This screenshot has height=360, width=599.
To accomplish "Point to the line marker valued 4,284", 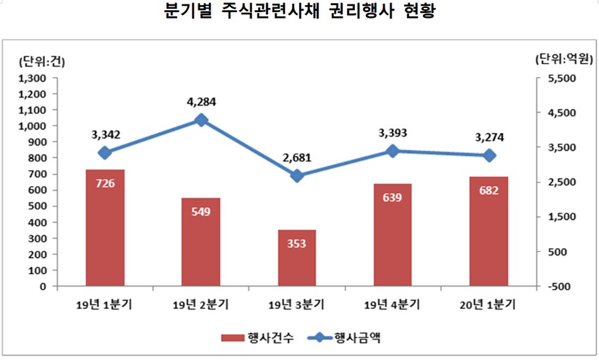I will pyautogui.click(x=201, y=120).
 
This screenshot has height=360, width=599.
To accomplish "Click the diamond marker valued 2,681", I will pyautogui.click(x=297, y=175).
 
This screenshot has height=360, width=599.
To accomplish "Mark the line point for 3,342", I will pyautogui.click(x=105, y=153).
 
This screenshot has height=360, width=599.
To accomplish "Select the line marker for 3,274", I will pyautogui.click(x=488, y=155).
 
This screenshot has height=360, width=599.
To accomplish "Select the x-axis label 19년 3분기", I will pyautogui.click(x=297, y=305).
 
